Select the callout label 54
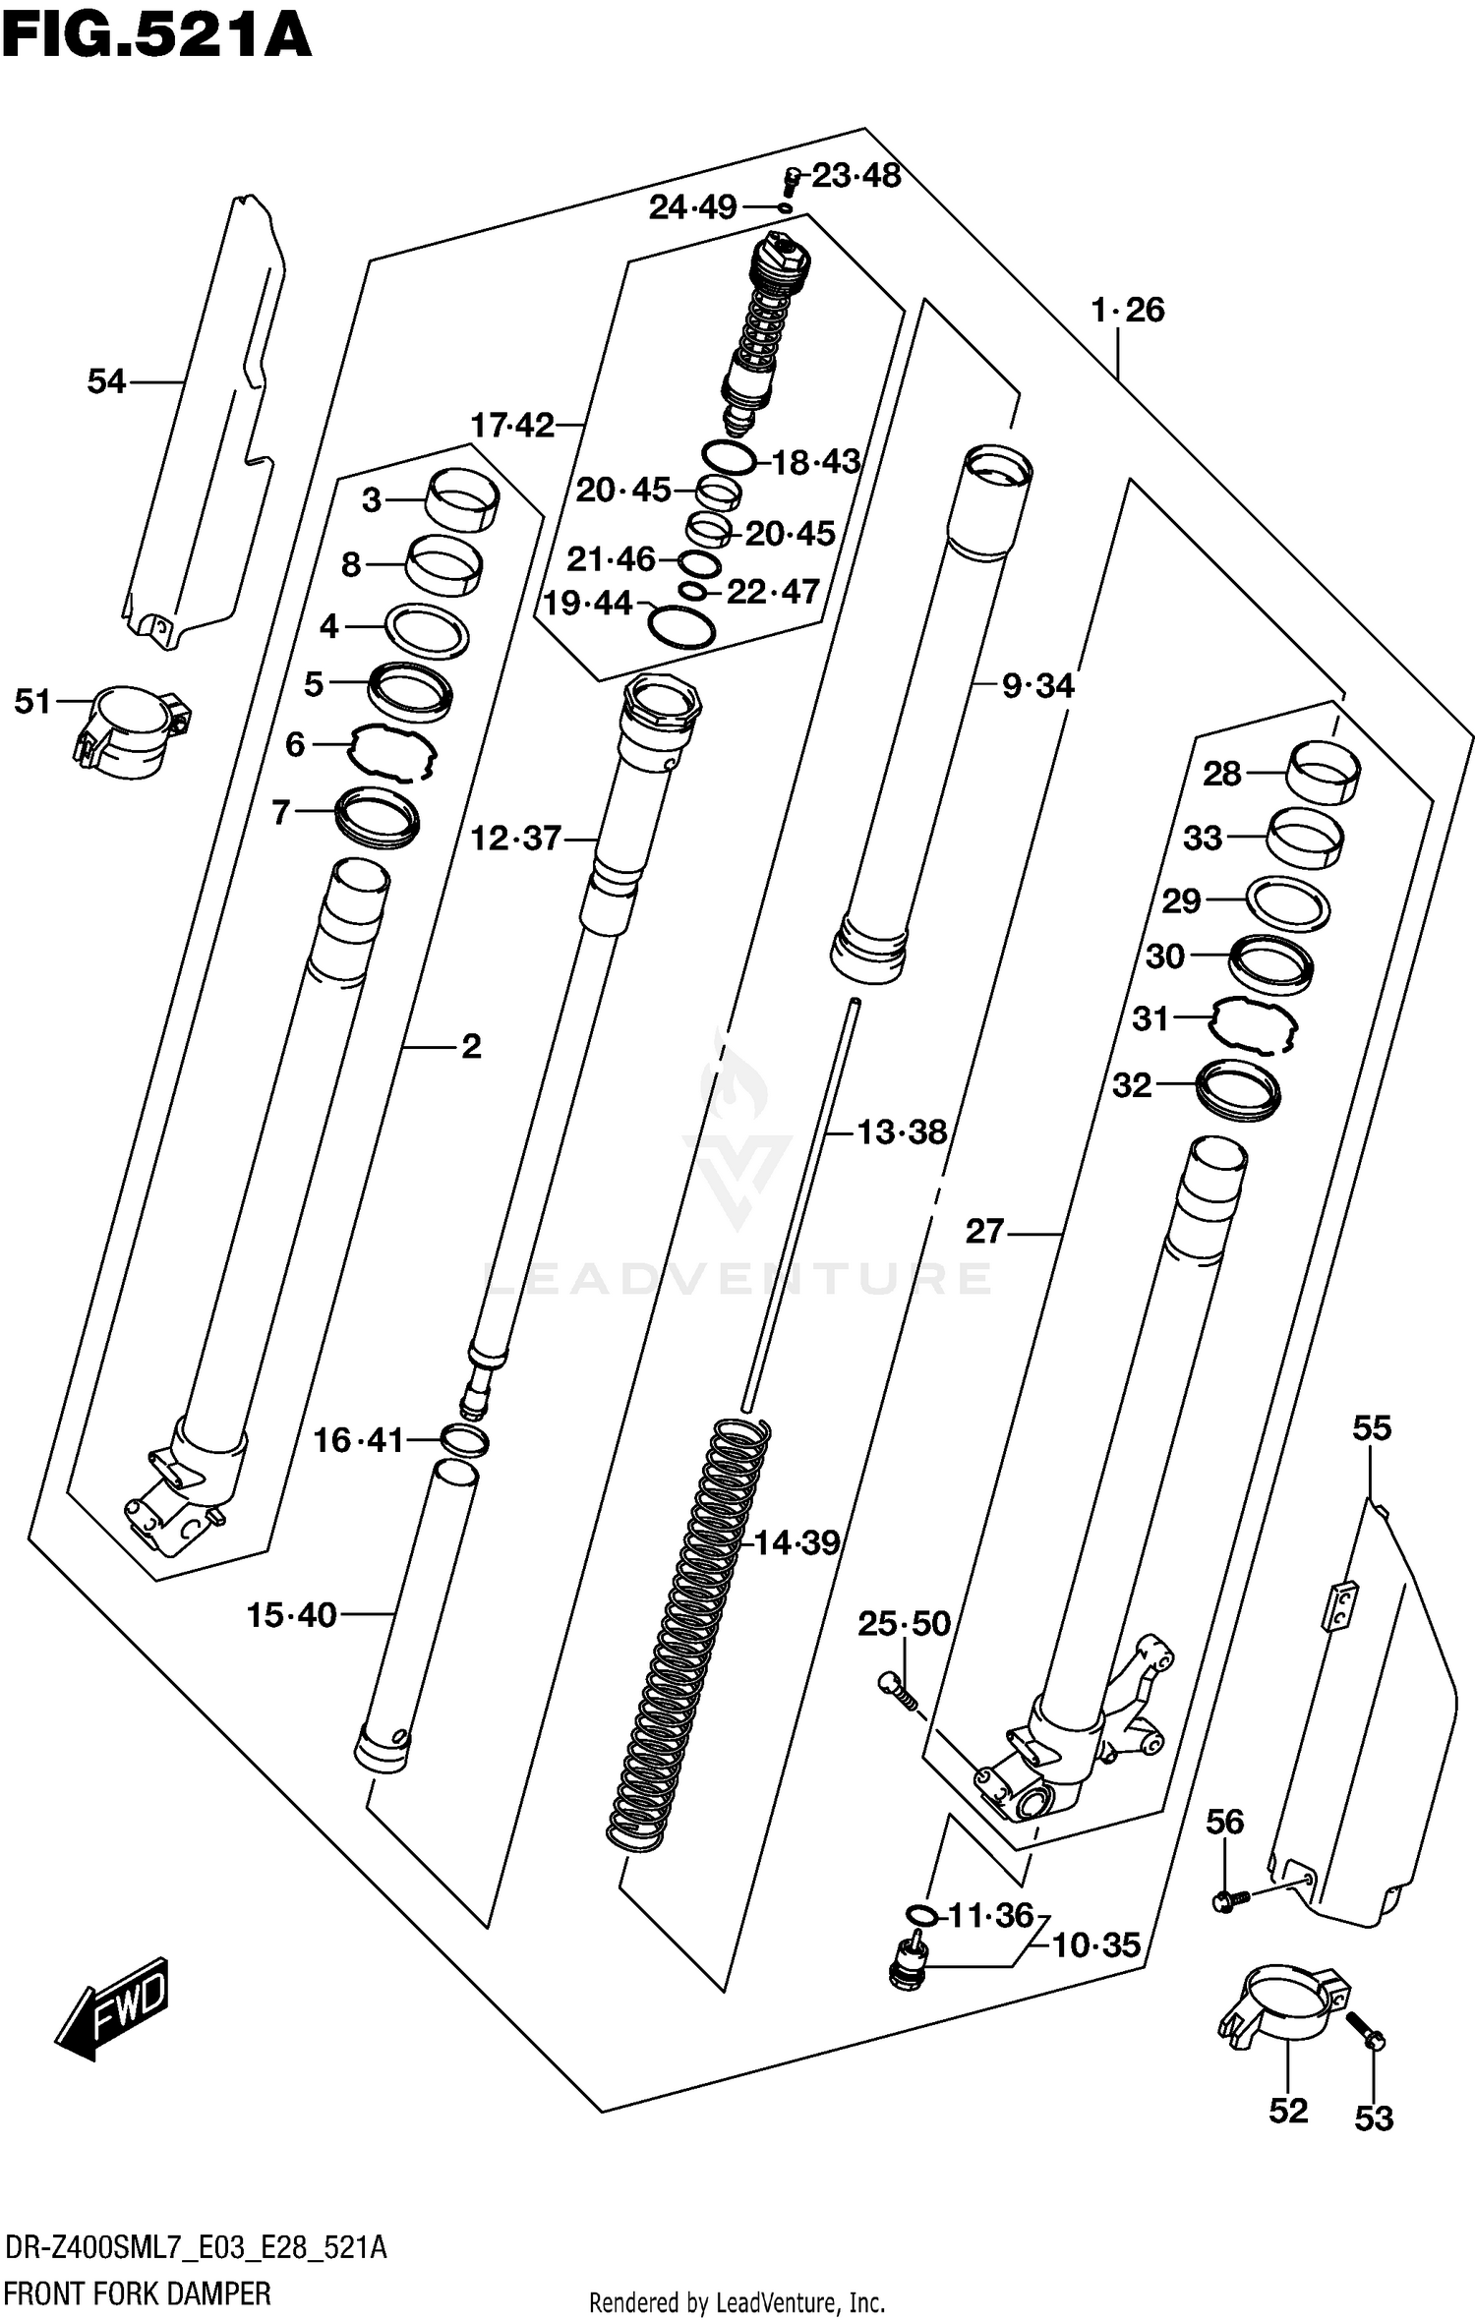(106, 380)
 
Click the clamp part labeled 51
(132, 731)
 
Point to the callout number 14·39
(796, 1542)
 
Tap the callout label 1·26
(1127, 311)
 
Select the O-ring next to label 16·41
(465, 1441)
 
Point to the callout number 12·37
(515, 839)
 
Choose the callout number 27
(984, 1231)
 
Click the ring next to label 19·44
(681, 626)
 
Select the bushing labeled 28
(1324, 774)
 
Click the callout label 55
(1372, 1427)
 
